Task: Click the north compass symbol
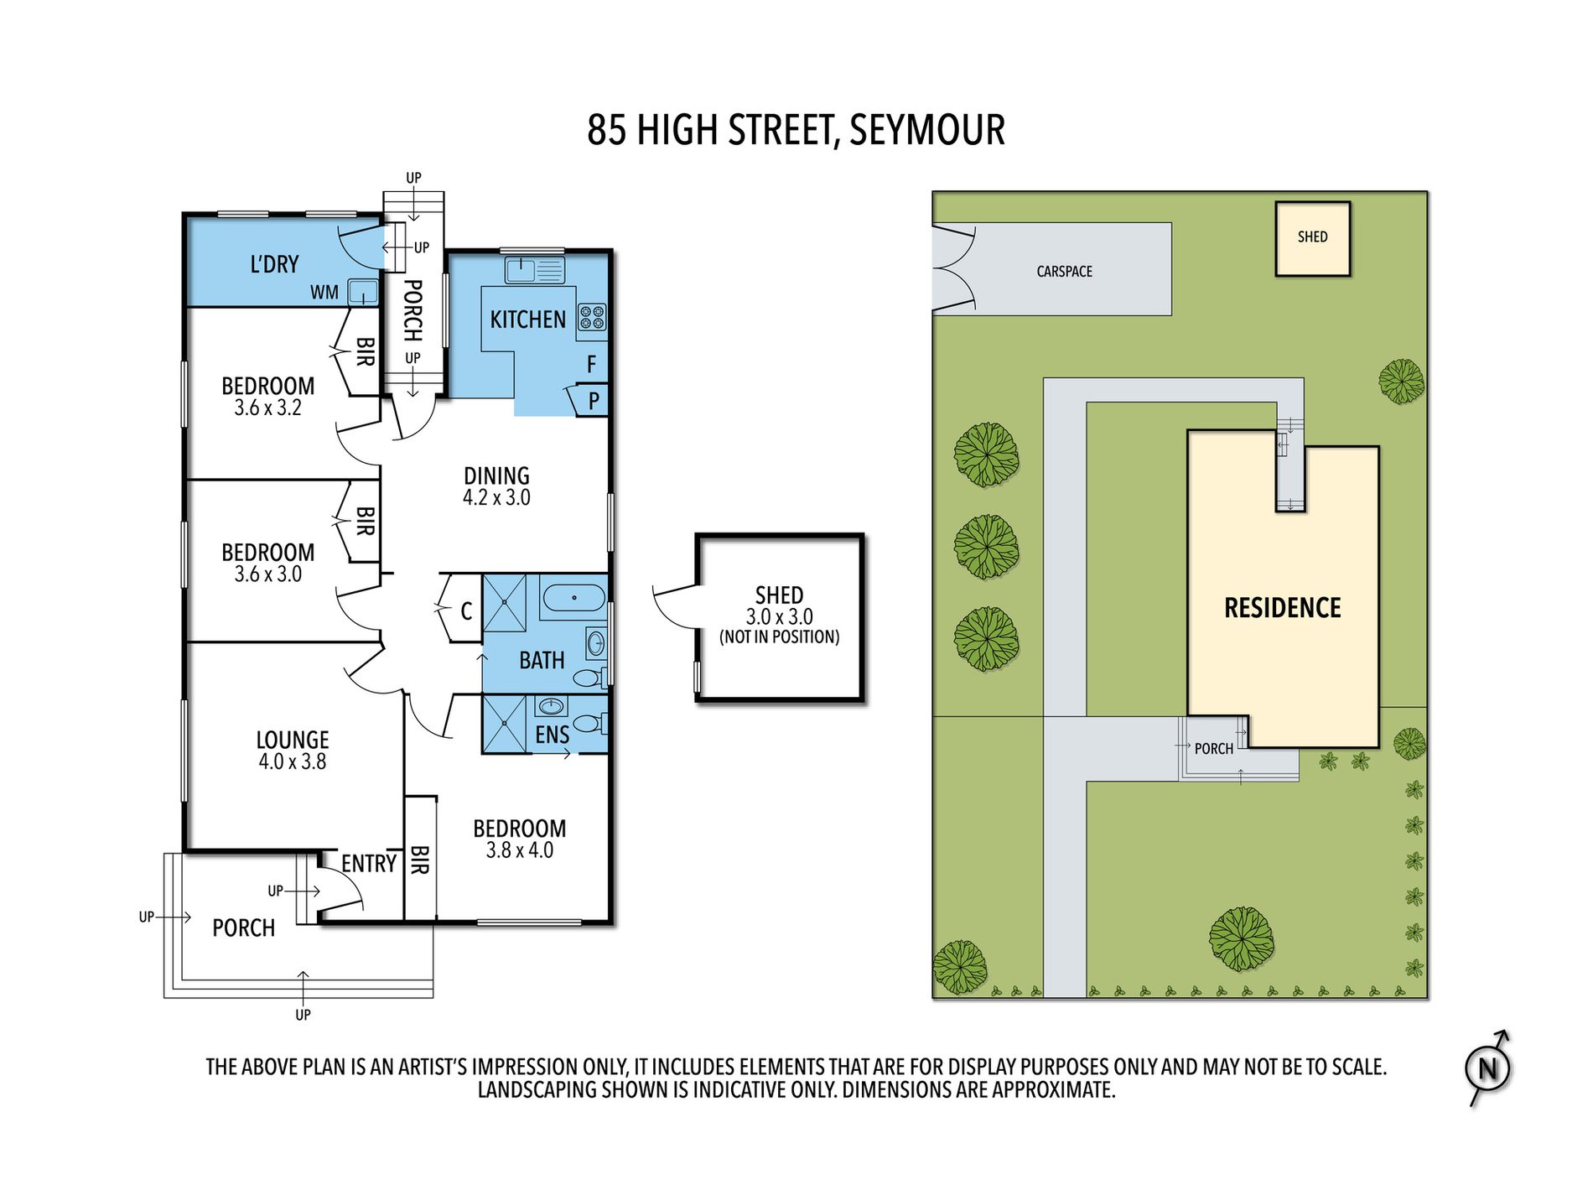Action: (1488, 1068)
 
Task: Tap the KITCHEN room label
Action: (528, 320)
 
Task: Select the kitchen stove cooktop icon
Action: (592, 317)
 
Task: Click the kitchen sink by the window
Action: (534, 271)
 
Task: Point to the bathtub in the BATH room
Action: (573, 598)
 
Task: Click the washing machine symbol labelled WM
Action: (363, 293)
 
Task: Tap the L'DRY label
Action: (274, 264)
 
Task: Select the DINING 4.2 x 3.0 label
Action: (496, 486)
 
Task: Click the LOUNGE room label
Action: (293, 740)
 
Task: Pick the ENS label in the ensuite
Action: (552, 735)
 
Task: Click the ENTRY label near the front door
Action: (369, 863)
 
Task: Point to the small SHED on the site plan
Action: (1313, 239)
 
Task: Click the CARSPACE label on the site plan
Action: (1065, 272)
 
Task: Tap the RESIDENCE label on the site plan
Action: (1283, 608)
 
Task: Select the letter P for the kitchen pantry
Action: (594, 401)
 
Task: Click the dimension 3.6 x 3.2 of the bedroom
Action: (268, 408)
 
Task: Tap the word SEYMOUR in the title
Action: (927, 130)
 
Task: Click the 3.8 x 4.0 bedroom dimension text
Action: (520, 850)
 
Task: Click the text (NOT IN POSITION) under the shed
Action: (780, 637)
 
